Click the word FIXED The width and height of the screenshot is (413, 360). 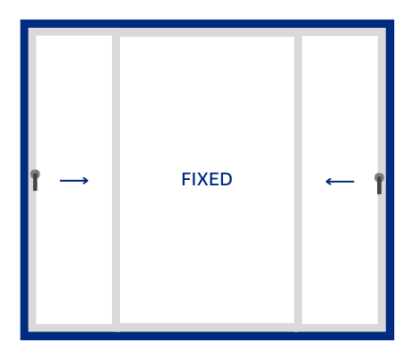click(x=207, y=179)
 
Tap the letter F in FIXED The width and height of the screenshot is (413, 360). click(x=185, y=179)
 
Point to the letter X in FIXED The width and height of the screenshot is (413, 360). click(x=202, y=179)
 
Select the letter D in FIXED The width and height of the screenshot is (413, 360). click(x=226, y=179)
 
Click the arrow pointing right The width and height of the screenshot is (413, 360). click(x=74, y=181)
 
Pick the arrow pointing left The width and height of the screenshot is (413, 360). click(x=340, y=182)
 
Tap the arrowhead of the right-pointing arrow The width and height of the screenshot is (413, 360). click(x=86, y=181)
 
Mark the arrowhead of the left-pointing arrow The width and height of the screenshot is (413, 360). click(x=329, y=182)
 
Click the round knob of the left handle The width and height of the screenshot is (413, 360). click(x=35, y=174)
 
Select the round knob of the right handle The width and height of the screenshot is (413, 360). click(x=379, y=177)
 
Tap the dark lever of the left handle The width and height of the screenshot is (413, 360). click(x=35, y=182)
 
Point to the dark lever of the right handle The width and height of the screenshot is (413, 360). click(x=379, y=185)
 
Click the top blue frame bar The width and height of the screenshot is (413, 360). click(x=207, y=23)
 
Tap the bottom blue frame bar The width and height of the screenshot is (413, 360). click(x=207, y=336)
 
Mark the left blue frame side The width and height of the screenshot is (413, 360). click(x=24, y=180)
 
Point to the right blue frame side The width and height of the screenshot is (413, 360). click(x=390, y=180)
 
